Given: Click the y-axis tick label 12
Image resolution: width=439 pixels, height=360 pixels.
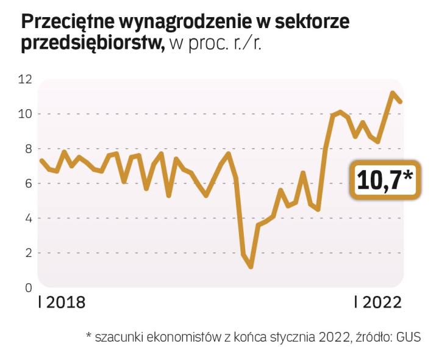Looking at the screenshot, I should (25, 79).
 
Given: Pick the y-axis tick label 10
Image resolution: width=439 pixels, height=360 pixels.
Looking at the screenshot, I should (25, 113).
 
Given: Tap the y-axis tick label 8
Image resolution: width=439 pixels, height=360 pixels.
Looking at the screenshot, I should (27, 148).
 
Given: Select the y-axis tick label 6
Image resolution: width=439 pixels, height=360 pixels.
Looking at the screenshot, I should (27, 183).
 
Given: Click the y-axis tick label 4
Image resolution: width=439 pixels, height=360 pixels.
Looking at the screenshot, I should (27, 218).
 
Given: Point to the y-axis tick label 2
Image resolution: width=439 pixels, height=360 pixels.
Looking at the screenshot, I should (27, 253).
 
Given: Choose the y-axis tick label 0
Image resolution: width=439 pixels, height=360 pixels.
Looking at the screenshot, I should (27, 287).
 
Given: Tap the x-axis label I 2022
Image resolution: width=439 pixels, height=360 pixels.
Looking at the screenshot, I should (378, 303).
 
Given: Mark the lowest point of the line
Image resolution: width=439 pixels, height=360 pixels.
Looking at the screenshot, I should (251, 267).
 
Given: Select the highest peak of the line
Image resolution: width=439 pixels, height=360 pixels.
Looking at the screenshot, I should (393, 93).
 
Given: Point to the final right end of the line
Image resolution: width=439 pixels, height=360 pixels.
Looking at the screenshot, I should (401, 101).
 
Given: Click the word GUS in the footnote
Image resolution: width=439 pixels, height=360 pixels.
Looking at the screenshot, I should (409, 337).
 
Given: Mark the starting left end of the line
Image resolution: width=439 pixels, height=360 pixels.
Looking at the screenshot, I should (41, 160).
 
